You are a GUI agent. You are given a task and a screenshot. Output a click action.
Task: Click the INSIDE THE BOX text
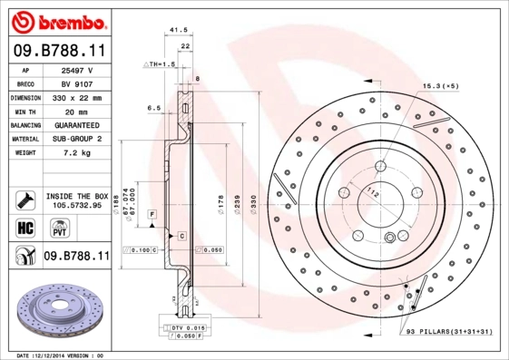pyautogui.click(x=77, y=196)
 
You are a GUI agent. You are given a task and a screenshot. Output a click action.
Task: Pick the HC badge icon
pyautogui.click(x=25, y=227)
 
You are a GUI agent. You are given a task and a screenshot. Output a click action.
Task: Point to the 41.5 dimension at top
pyautogui.click(x=178, y=31)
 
